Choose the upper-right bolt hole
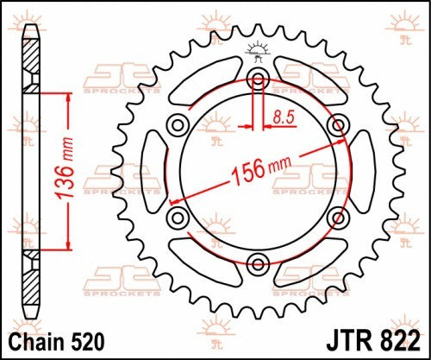[x=336, y=126]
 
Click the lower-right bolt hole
[x=336, y=216]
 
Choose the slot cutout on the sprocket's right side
[x=357, y=171]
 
